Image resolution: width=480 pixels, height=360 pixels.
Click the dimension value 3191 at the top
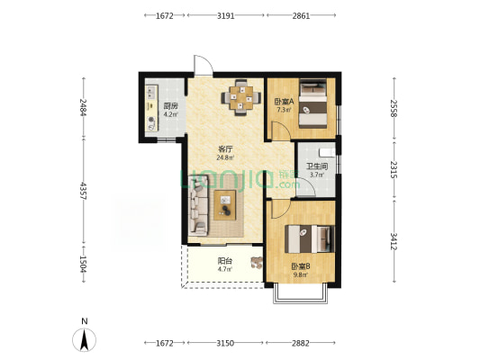pyautogui.click(x=226, y=15)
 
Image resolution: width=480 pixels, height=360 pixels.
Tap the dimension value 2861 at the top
pyautogui.click(x=301, y=15)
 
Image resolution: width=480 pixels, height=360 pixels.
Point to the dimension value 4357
pyautogui.click(x=83, y=191)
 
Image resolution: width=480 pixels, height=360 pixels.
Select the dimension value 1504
pyautogui.click(x=83, y=265)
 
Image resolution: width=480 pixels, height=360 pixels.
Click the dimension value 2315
pyautogui.click(x=394, y=170)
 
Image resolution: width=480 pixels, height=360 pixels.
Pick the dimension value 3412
pyautogui.click(x=394, y=241)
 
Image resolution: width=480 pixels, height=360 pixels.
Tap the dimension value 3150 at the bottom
pyautogui.click(x=225, y=343)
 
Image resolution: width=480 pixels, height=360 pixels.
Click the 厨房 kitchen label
pyautogui.click(x=170, y=106)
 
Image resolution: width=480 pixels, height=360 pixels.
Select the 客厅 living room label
pyautogui.click(x=226, y=149)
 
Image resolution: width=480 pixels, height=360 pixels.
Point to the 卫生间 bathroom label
pyautogui.click(x=317, y=166)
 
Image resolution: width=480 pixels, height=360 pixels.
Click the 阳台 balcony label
pyautogui.click(x=225, y=261)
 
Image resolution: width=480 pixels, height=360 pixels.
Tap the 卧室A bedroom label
pyautogui.click(x=284, y=101)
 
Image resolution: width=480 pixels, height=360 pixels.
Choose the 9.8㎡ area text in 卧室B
pyautogui.click(x=301, y=274)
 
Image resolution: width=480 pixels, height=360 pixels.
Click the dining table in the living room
pyautogui.click(x=241, y=97)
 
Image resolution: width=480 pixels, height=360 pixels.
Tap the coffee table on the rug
pyautogui.click(x=225, y=205)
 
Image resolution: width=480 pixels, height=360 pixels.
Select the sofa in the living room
pyautogui.click(x=198, y=205)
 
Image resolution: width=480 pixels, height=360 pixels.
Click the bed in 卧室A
pyautogui.click(x=312, y=103)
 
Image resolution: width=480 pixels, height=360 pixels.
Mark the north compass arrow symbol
pyautogui.click(x=84, y=340)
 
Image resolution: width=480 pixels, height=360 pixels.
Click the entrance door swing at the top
pyautogui.click(x=203, y=66)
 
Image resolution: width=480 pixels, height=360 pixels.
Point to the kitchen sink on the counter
pyautogui.click(x=151, y=93)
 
